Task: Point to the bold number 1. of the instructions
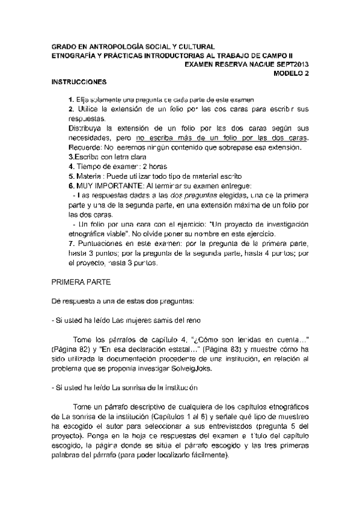(71, 98)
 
